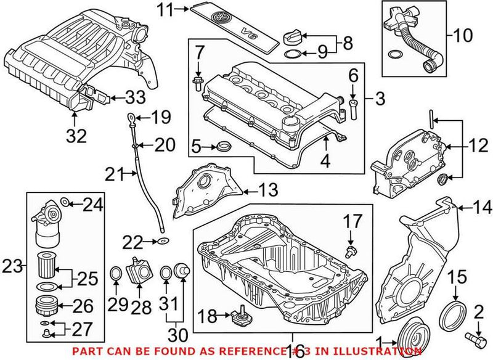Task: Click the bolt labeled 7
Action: pos(198,83)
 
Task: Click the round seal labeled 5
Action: pos(224,147)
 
